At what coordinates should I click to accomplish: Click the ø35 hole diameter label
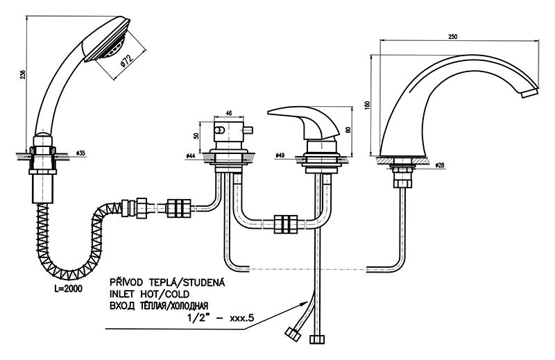[80, 152]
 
